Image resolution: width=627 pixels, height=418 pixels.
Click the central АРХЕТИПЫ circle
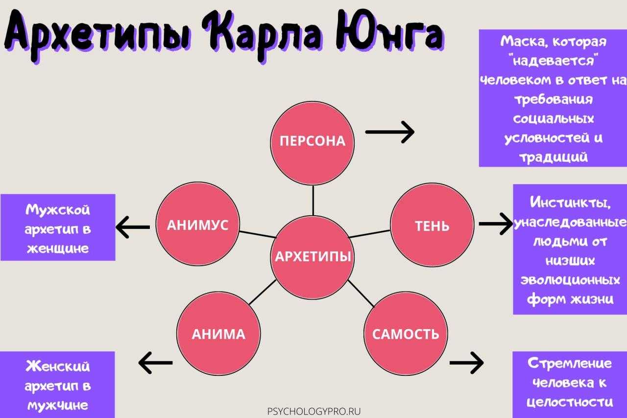pos(313,256)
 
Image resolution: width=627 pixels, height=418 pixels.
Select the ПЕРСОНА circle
pos(313,141)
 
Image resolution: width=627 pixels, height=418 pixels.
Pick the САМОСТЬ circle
pos(406,334)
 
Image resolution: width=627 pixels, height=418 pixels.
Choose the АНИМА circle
pos(218,334)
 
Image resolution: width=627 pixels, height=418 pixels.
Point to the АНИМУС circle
pos(197,225)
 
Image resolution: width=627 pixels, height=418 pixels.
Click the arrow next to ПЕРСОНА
pos(390,132)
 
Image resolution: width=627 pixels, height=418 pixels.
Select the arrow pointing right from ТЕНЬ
pos(495,224)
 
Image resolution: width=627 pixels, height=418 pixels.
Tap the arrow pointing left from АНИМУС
pos(133,226)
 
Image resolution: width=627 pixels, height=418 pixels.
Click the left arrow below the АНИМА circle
pos(156,363)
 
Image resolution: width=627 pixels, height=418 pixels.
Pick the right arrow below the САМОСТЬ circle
pos(466,363)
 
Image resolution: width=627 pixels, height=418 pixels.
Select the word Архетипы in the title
pos(98,34)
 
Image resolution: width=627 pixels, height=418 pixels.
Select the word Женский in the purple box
pos(58,366)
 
